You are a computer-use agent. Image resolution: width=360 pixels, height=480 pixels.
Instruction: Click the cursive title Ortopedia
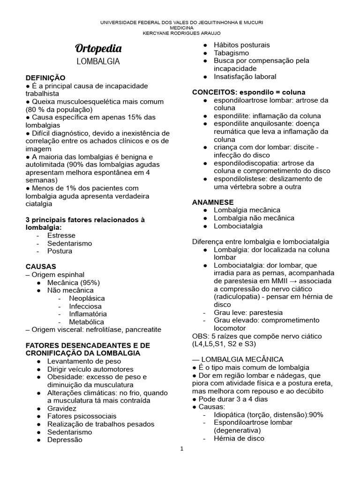pyautogui.click(x=98, y=49)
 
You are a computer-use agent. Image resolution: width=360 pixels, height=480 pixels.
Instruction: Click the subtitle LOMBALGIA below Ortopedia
pyautogui.click(x=98, y=61)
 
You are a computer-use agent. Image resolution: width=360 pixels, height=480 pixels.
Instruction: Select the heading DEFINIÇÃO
pyautogui.click(x=45, y=77)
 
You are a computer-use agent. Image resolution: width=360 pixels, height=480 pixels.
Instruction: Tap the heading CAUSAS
pyautogui.click(x=41, y=266)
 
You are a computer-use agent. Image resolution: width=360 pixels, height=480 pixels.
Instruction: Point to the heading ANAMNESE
pyautogui.click(x=213, y=202)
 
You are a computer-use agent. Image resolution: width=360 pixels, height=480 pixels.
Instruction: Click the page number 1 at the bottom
pyautogui.click(x=182, y=449)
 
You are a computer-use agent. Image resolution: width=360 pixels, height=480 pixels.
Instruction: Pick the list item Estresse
pyautogui.click(x=61, y=235)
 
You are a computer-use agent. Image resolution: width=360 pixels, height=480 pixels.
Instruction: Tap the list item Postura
pyautogui.click(x=60, y=251)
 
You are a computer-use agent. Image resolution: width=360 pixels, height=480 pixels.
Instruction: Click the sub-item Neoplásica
pyautogui.click(x=87, y=298)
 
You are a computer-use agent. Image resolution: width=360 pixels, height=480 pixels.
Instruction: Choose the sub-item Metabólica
pyautogui.click(x=87, y=322)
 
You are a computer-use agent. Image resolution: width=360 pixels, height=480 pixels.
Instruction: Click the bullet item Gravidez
pyautogui.click(x=62, y=408)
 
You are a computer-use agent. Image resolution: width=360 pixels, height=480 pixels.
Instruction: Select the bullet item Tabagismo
pyautogui.click(x=232, y=53)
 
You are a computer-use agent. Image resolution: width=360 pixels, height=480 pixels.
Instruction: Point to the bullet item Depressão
pyautogui.click(x=65, y=440)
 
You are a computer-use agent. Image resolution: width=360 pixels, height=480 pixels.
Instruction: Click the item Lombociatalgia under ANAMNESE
pyautogui.click(x=238, y=226)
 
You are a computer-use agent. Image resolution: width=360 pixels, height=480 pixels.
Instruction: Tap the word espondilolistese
pyautogui.click(x=241, y=179)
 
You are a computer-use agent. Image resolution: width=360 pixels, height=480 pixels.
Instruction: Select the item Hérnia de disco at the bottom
pyautogui.click(x=239, y=438)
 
